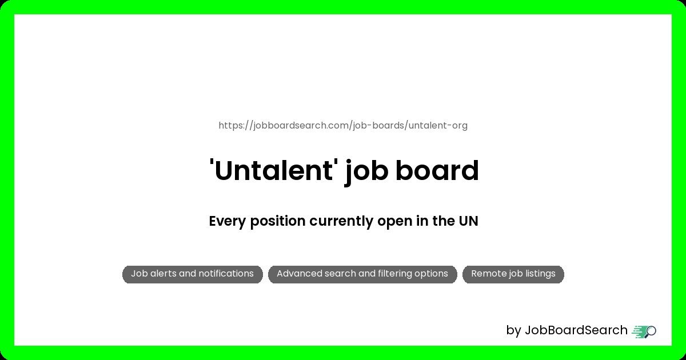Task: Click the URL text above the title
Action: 343,126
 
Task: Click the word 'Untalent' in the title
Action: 272,170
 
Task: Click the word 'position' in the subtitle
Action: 277,222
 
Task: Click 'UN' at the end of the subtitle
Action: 468,221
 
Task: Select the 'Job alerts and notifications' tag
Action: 192,274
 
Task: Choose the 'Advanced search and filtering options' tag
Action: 362,274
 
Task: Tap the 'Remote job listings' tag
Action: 513,274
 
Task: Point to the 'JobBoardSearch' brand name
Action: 576,330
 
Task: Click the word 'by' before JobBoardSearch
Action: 513,331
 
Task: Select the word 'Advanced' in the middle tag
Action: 299,274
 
